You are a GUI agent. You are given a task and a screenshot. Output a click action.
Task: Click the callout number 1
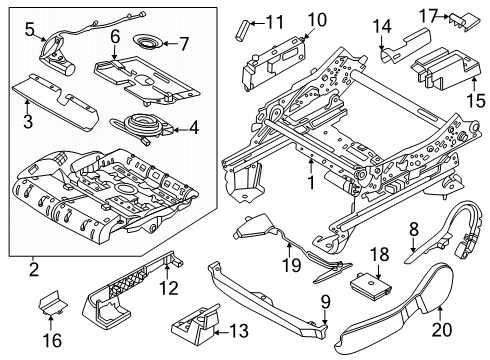click(x=312, y=184)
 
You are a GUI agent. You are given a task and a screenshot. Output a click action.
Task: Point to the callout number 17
click(x=431, y=16)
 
